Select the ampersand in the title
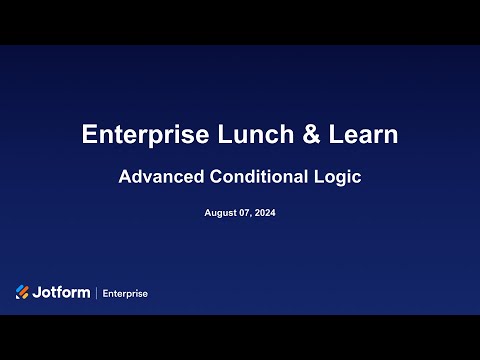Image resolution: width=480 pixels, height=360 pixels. pos(301,135)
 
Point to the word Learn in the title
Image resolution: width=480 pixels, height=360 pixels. pos(359,135)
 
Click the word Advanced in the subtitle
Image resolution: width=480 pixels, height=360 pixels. pos(159,178)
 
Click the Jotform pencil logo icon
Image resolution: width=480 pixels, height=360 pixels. pos(23,292)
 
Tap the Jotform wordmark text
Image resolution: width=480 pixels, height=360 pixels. pos(61,292)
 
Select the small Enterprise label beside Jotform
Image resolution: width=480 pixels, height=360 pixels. pos(123,293)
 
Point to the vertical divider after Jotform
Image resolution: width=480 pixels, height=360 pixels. pos(95,293)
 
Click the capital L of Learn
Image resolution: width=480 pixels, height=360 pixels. pos(328,135)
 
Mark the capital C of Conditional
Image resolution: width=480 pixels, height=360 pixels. pos(211,178)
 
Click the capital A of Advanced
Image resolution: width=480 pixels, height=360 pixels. pos(125,178)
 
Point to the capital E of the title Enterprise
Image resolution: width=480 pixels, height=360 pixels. pos(89,135)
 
